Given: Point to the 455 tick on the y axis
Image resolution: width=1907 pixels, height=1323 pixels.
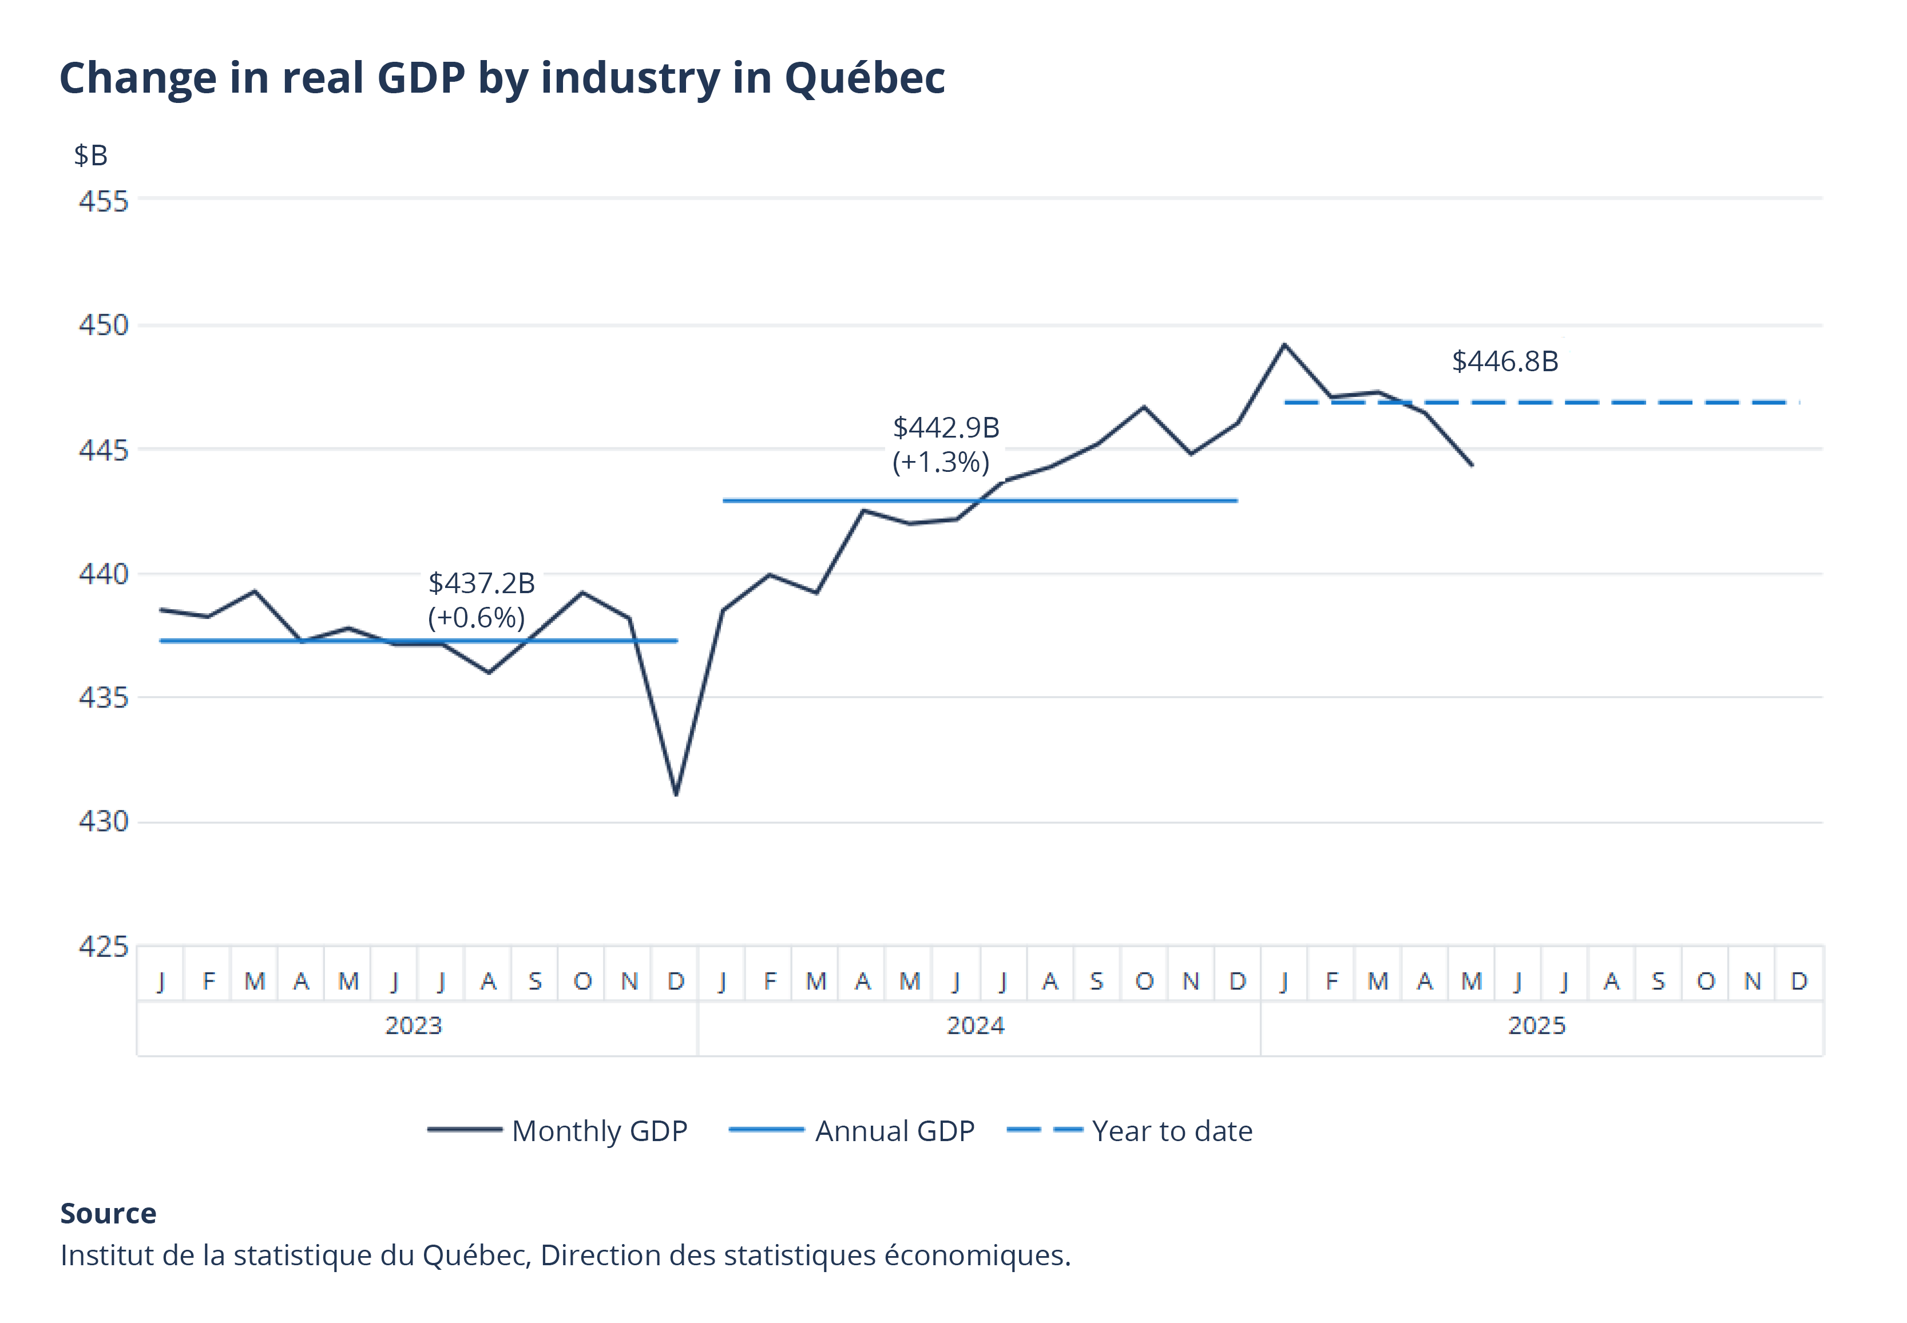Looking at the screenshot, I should tap(104, 201).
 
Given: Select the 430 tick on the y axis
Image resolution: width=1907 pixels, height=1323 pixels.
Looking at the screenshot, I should tap(104, 821).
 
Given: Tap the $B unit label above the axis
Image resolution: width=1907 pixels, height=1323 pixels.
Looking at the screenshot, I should tap(90, 155).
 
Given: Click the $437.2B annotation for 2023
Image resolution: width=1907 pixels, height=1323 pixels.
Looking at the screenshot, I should tap(481, 583).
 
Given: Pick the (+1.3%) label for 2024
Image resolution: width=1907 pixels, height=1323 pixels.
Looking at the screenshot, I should tap(940, 462).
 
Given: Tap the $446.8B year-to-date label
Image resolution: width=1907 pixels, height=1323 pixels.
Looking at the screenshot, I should tap(1504, 361).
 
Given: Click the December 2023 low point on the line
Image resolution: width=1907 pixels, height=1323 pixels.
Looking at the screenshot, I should tap(676, 794).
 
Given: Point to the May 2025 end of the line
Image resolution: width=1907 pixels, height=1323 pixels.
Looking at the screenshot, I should tap(1472, 465).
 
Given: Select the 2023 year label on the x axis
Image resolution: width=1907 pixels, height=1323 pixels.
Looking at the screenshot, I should tap(414, 1026).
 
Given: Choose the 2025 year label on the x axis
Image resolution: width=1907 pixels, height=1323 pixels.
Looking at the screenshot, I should tap(1536, 1026).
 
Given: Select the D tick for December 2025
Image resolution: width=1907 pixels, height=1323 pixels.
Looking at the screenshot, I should tap(1798, 982).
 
